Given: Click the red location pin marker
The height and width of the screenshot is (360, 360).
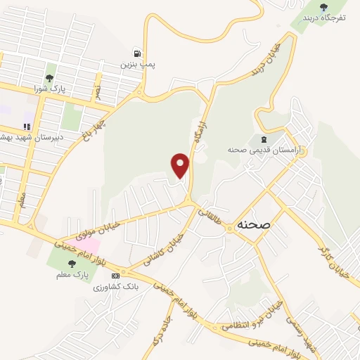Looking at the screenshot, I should (x=181, y=165).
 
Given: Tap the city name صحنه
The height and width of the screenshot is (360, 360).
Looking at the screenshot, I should (x=254, y=224).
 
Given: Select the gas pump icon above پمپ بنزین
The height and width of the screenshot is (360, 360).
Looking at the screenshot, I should (x=137, y=53).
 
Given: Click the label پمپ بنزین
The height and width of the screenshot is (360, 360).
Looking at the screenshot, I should (x=137, y=65).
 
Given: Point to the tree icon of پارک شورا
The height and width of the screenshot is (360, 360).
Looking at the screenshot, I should (x=50, y=78).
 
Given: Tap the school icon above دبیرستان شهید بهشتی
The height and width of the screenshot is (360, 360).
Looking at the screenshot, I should (x=27, y=127).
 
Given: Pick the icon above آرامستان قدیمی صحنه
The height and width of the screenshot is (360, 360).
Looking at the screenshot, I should (x=264, y=139).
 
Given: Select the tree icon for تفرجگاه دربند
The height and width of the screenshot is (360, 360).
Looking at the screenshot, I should (x=323, y=7).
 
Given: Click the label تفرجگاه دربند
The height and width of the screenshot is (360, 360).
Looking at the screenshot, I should (x=323, y=18).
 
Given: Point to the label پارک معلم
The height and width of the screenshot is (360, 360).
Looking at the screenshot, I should (x=72, y=276).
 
